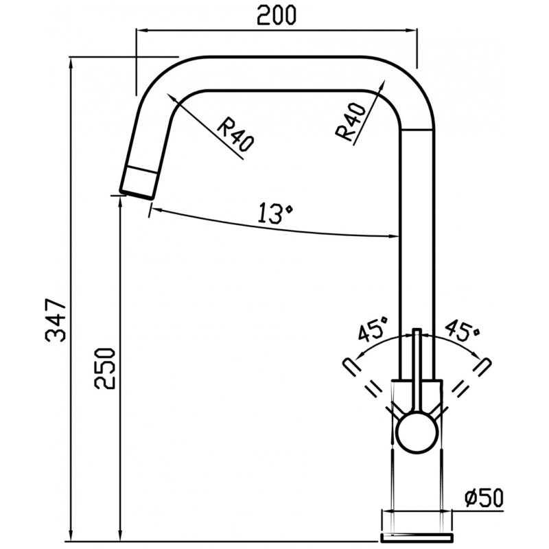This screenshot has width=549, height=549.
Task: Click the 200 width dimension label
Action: coord(277,15)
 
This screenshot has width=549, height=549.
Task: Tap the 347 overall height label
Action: coord(56,320)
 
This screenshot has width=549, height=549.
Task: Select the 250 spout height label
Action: coord(104,369)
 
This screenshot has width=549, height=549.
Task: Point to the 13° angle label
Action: coord(275,213)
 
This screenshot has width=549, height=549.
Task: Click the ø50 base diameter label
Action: coord(484,498)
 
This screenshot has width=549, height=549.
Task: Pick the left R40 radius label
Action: coord(235,135)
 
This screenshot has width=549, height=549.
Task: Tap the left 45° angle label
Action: coord(373,329)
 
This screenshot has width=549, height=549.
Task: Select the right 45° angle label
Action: coord(462,329)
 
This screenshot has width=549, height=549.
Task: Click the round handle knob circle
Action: coord(418,432)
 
